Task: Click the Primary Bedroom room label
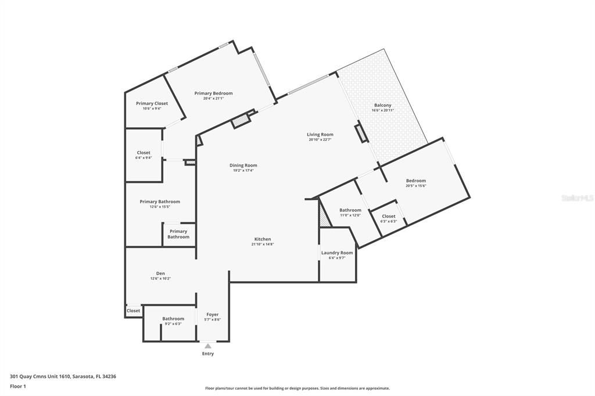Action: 213,93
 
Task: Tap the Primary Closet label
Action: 152,103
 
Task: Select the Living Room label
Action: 320,135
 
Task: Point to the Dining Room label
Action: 243,165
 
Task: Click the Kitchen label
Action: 262,239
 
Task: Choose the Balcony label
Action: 382,105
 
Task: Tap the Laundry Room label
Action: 337,253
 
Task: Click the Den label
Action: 160,273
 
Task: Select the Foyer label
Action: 212,315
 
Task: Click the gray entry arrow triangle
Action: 208,346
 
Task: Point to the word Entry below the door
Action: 208,354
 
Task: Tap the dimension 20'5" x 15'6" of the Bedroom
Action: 415,186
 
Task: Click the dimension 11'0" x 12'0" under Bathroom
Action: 350,215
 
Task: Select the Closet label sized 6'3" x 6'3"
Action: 389,216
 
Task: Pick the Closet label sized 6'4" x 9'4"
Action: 144,153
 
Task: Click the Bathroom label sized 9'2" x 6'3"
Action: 173,319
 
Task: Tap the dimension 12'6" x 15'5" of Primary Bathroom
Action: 160,207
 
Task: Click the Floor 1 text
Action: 18,386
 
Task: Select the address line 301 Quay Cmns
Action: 63,376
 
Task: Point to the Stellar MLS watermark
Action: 578,198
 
